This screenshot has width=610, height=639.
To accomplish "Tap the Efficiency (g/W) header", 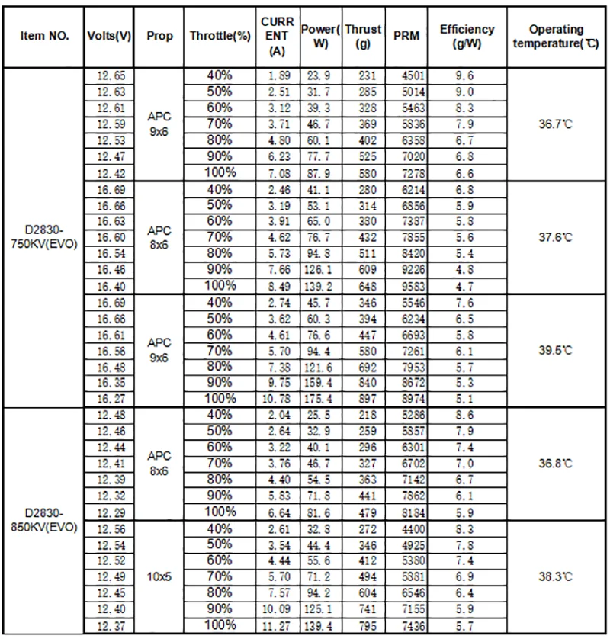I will [467, 36].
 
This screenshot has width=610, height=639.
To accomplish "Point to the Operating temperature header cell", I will [555, 36].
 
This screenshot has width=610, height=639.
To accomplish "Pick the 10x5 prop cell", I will [159, 576].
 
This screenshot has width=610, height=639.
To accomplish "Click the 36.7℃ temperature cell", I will [555, 124].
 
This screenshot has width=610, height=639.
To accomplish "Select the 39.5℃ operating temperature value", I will [555, 350].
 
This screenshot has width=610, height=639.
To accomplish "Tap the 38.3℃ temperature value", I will [555, 577].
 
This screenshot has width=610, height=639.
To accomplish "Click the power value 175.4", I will [319, 398].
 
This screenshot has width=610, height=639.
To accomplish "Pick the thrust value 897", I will [362, 398].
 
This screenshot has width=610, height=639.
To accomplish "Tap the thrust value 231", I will [362, 76].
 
